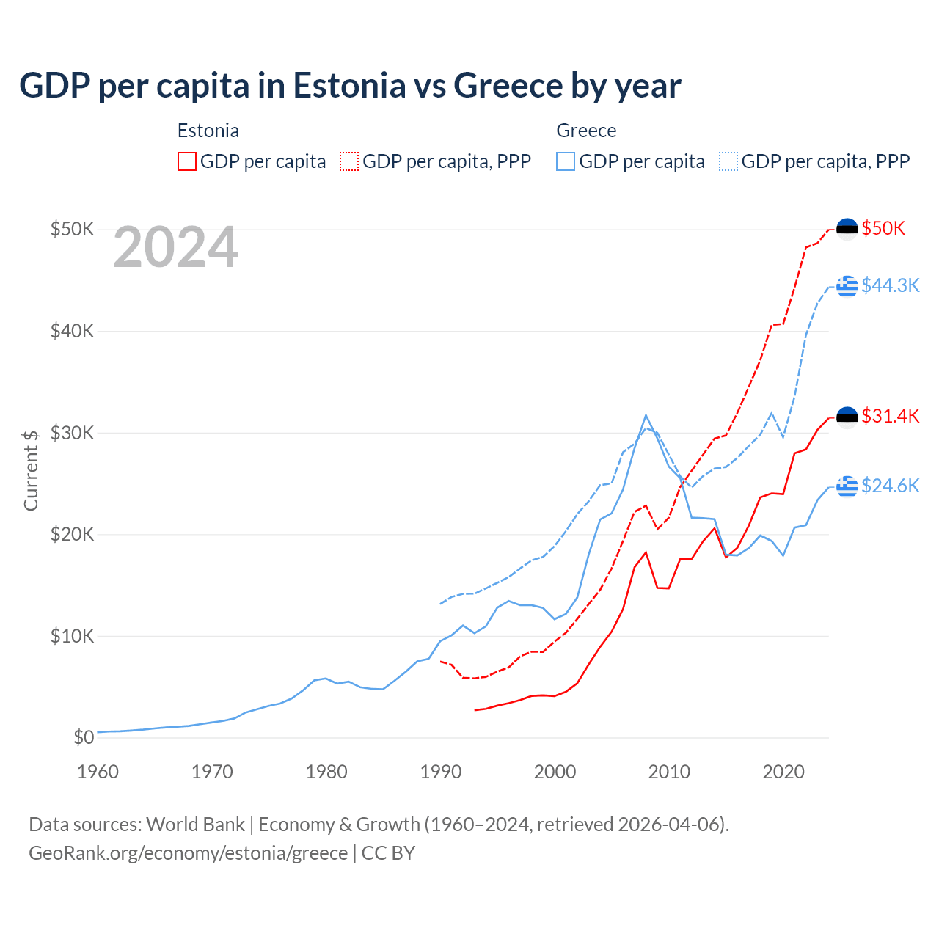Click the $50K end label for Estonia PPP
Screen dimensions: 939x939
883,228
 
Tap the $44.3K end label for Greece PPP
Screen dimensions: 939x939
890,285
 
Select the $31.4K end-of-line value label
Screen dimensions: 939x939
890,416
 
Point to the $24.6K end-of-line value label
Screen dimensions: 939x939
890,486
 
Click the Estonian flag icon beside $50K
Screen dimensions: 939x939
847,229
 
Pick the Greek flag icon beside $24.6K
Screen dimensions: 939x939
847,486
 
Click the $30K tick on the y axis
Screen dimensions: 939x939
72,433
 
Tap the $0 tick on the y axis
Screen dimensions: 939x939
84,737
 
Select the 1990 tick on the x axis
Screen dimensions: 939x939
441,772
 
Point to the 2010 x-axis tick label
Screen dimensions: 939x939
669,772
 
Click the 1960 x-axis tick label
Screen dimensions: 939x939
98,772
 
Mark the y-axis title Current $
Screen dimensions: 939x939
31,470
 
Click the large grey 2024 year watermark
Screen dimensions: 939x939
175,248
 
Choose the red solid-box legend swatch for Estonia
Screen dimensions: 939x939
187,161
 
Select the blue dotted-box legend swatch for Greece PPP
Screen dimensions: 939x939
728,161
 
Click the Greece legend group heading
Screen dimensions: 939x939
586,131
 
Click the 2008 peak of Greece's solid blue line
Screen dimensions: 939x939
646,415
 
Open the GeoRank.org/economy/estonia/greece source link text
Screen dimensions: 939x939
188,853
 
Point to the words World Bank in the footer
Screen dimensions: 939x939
195,825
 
